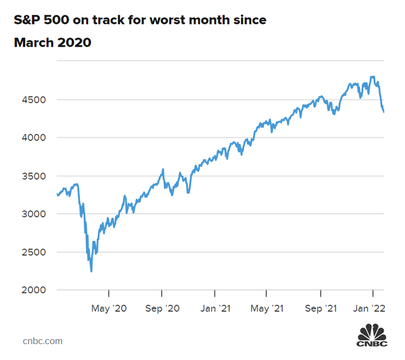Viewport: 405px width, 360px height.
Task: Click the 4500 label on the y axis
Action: pos(32,100)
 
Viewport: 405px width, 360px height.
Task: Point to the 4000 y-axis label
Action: pos(32,138)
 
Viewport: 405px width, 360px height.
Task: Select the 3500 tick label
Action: pos(32,176)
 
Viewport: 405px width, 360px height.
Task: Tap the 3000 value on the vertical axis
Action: pos(32,214)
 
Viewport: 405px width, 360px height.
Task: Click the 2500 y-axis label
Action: pos(32,252)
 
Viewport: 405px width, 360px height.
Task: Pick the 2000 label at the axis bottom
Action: pos(32,290)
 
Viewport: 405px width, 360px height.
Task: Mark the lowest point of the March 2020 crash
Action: pos(91,272)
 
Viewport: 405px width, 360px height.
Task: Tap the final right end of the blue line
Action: pos(384,112)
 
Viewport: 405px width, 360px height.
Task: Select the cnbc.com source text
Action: pos(42,341)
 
